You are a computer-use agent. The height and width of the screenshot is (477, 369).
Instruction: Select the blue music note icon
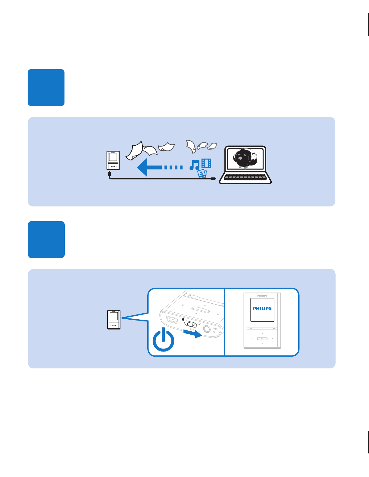coord(195,165)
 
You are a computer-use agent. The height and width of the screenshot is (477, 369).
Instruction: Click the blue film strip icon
coord(206,163)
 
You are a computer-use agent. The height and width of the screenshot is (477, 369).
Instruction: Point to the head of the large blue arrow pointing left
coord(143,167)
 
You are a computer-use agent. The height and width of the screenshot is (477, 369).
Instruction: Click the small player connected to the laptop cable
coord(113,160)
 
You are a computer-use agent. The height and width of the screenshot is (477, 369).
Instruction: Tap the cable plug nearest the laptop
coord(213,179)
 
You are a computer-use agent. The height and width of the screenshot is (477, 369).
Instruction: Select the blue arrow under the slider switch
coord(193,333)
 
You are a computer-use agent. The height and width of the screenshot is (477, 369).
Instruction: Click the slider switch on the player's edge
coord(191,324)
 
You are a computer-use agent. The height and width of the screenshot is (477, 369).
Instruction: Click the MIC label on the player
coord(215,329)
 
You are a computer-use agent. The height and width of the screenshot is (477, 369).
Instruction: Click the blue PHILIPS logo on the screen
coord(262,308)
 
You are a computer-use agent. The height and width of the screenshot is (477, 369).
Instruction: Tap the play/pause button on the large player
coord(262,339)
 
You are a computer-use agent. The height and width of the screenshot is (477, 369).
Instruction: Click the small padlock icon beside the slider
coord(183,319)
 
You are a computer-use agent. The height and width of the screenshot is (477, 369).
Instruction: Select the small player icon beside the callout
coord(114,320)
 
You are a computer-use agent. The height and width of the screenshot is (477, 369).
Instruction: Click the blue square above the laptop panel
coord(46,87)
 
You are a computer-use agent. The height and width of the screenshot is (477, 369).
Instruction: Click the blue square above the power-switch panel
coord(46,240)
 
